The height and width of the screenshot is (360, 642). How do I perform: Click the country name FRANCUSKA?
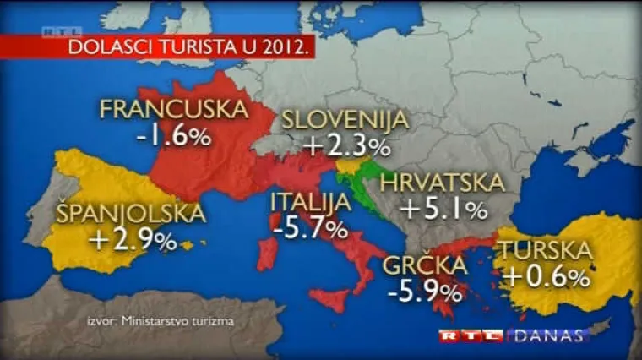pyautogui.click(x=174, y=110)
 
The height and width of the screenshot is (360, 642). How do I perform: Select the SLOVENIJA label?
pyautogui.click(x=345, y=120)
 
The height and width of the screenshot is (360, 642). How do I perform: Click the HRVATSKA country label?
pyautogui.click(x=442, y=182)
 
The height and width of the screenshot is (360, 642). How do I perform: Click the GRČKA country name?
pyautogui.click(x=425, y=266)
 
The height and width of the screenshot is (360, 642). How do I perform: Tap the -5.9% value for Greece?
pyautogui.click(x=425, y=292)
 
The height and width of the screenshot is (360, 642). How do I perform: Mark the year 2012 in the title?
pyautogui.click(x=284, y=48)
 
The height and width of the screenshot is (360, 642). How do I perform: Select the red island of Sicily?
pyautogui.click(x=330, y=300)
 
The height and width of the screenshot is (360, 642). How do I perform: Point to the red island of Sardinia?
pyautogui.click(x=267, y=254)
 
